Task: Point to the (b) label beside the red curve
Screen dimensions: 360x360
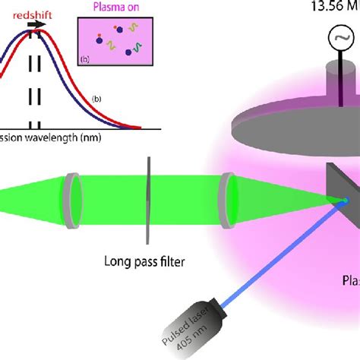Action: [96, 98]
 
